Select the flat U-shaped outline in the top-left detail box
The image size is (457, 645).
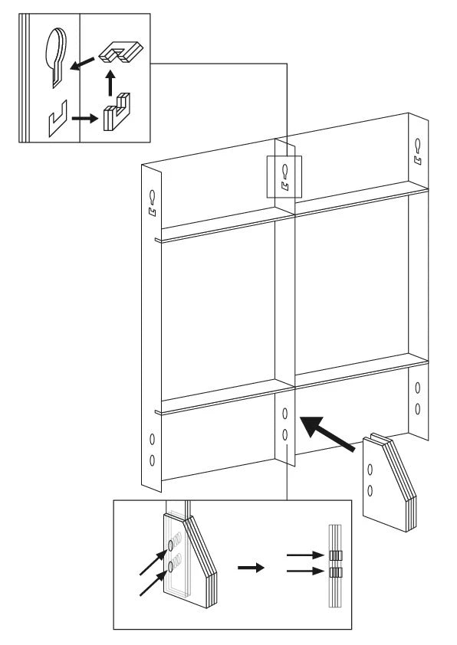55,121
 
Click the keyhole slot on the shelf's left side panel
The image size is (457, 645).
152,196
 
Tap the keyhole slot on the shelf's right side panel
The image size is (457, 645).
418,144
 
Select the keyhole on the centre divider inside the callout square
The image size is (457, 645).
285,169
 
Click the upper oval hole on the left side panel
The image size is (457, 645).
151,440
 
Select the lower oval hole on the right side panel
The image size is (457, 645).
417,408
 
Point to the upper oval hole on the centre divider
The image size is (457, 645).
284,415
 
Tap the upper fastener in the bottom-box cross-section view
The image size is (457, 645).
335,555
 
